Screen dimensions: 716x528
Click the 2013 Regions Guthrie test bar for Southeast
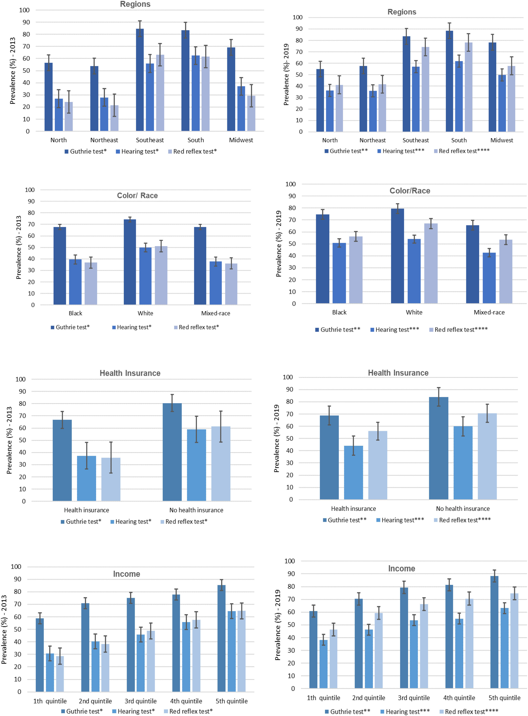click(140, 80)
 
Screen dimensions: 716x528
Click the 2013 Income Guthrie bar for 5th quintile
click(221, 638)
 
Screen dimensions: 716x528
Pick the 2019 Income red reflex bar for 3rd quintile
click(424, 646)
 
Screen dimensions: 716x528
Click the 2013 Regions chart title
click(135, 4)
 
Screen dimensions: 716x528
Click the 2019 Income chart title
click(401, 569)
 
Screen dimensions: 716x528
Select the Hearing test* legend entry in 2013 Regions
click(137, 151)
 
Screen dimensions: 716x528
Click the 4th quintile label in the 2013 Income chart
click(186, 701)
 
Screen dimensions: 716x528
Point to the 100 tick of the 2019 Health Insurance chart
click(288, 377)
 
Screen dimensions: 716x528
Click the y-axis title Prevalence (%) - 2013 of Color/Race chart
click(19, 247)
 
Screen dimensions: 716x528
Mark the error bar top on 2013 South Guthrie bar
click(185, 22)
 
